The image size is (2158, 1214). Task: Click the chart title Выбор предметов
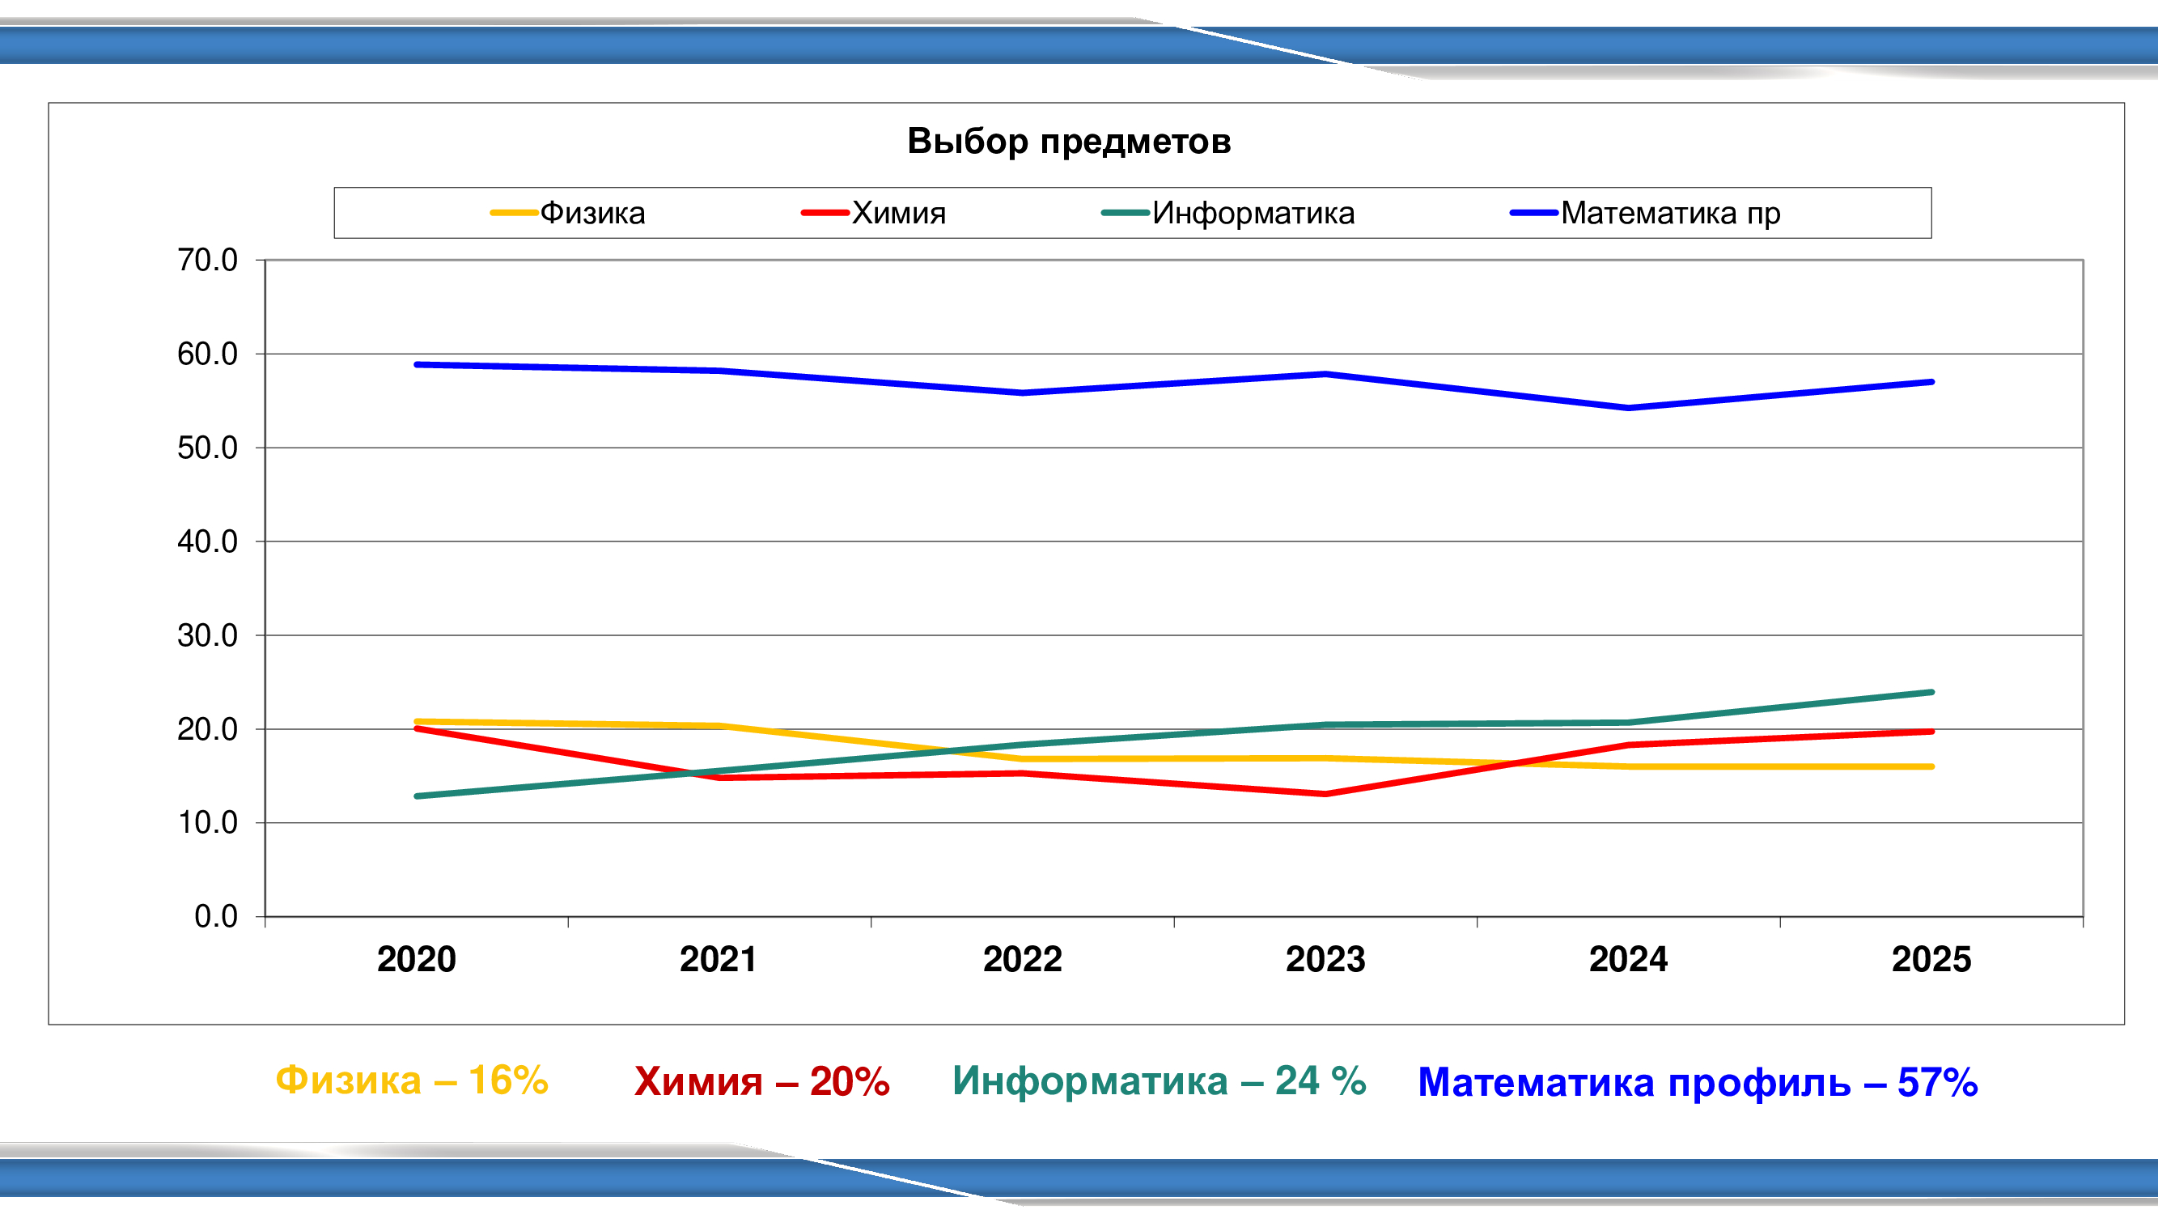tap(1069, 141)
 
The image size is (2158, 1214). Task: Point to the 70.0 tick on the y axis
tap(207, 261)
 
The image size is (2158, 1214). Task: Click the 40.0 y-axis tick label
tap(207, 542)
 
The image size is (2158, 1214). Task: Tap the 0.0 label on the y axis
tap(215, 917)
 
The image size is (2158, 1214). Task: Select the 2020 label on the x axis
tap(417, 959)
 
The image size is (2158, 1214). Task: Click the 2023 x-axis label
tap(1325, 959)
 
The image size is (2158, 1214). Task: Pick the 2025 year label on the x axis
tap(1931, 959)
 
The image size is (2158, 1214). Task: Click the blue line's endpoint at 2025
tap(1931, 382)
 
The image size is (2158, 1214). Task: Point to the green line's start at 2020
tap(418, 796)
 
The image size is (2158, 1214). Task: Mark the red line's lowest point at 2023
tap(1325, 793)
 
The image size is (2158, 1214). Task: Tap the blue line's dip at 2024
tap(1628, 408)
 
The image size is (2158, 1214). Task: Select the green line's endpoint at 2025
tap(1931, 692)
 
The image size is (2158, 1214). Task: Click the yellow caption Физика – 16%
tap(411, 1080)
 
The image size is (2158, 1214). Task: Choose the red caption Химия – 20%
tap(761, 1081)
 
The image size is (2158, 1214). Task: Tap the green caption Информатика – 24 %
tap(1160, 1080)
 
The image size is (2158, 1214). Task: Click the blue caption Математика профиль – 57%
tap(1698, 1082)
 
